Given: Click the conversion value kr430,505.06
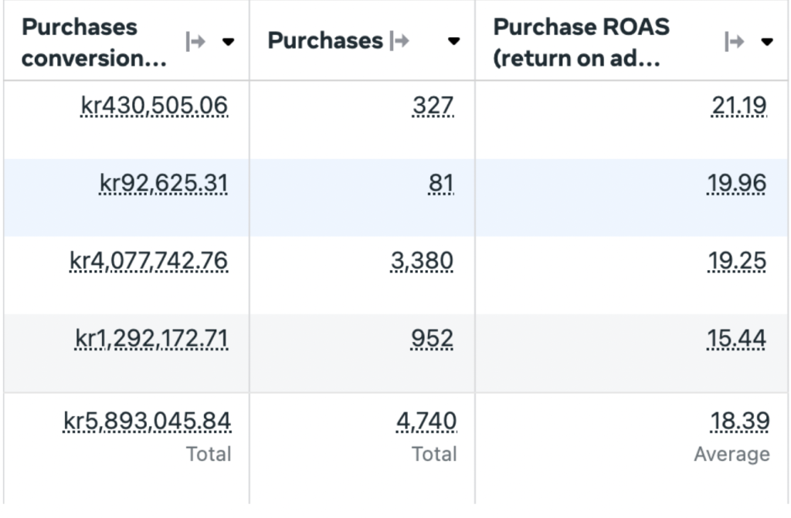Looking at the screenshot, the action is coord(154,106).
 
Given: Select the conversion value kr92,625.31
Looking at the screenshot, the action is coord(164,183).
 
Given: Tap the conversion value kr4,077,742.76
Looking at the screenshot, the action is coord(149,261).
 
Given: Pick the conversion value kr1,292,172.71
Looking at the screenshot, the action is coord(151,338).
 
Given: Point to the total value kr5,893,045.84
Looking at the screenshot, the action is coord(147,422).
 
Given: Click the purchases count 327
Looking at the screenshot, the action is coord(433,106).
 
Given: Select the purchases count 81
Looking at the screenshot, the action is coord(441,183).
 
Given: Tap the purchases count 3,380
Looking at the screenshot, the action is coord(422,261).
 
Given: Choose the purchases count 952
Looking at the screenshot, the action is coord(432,338).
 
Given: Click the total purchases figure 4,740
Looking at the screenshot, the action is coord(426,422).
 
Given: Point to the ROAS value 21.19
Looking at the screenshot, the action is coord(739,106).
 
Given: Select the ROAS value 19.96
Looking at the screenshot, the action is coord(736,183).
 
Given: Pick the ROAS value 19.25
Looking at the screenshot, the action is coord(737,261).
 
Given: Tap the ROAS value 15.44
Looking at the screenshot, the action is coord(736,338).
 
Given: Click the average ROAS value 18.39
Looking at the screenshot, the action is coord(740,422).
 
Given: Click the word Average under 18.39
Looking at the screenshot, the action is coord(732,454).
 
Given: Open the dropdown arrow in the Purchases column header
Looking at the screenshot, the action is coord(453,41).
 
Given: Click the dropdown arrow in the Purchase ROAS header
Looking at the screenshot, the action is coord(767,42).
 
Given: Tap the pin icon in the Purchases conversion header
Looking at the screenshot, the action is coord(195,42).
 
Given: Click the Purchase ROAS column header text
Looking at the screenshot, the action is coord(581,42).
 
